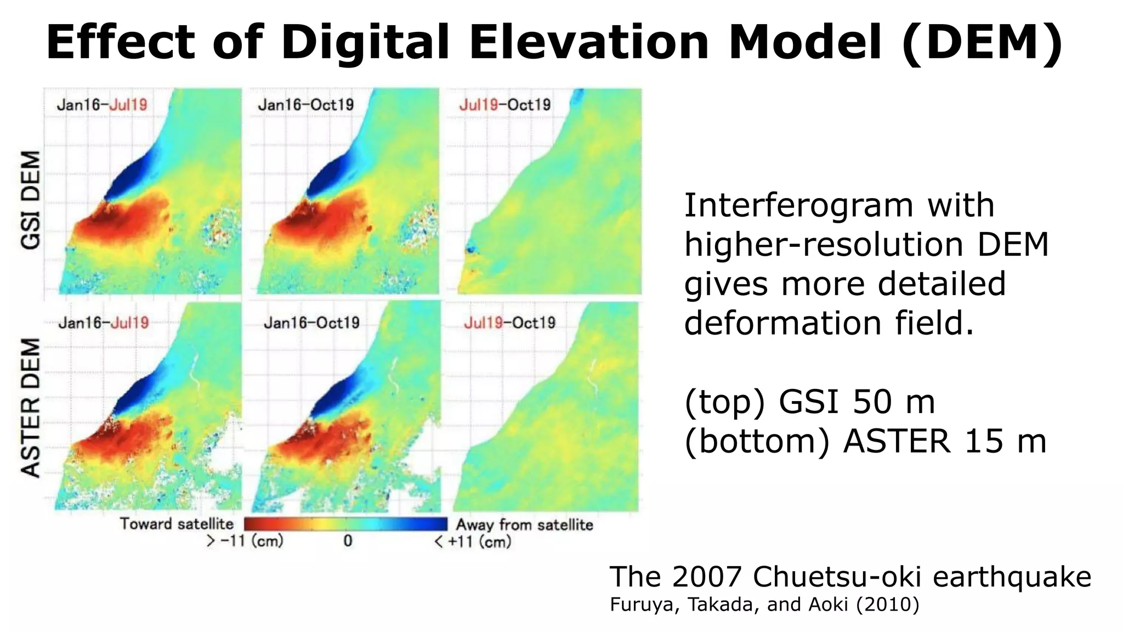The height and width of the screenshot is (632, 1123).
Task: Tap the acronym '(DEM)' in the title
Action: click(982, 43)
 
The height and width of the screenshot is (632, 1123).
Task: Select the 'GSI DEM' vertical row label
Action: click(31, 200)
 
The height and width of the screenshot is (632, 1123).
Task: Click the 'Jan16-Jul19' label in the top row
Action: click(102, 105)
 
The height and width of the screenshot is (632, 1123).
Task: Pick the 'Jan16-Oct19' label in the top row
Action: click(306, 105)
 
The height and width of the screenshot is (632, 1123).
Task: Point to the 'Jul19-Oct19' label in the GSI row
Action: click(504, 105)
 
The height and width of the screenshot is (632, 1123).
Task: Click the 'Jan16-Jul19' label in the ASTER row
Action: click(104, 323)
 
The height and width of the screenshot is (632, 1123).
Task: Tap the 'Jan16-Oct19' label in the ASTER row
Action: click(311, 323)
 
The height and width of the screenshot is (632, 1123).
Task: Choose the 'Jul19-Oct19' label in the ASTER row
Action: click(509, 323)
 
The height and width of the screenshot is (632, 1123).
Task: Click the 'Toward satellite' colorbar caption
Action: click(177, 524)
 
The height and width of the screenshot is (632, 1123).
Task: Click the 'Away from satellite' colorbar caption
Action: click(524, 525)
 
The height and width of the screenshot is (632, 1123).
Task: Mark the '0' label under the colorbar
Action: click(348, 541)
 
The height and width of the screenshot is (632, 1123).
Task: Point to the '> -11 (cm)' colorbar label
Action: click(245, 541)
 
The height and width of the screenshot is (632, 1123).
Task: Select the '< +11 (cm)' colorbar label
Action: click(473, 542)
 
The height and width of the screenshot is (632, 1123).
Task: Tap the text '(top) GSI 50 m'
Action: click(809, 402)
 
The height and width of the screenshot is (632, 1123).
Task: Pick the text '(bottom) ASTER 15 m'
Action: click(865, 442)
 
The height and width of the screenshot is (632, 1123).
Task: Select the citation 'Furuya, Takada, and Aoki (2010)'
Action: click(764, 605)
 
